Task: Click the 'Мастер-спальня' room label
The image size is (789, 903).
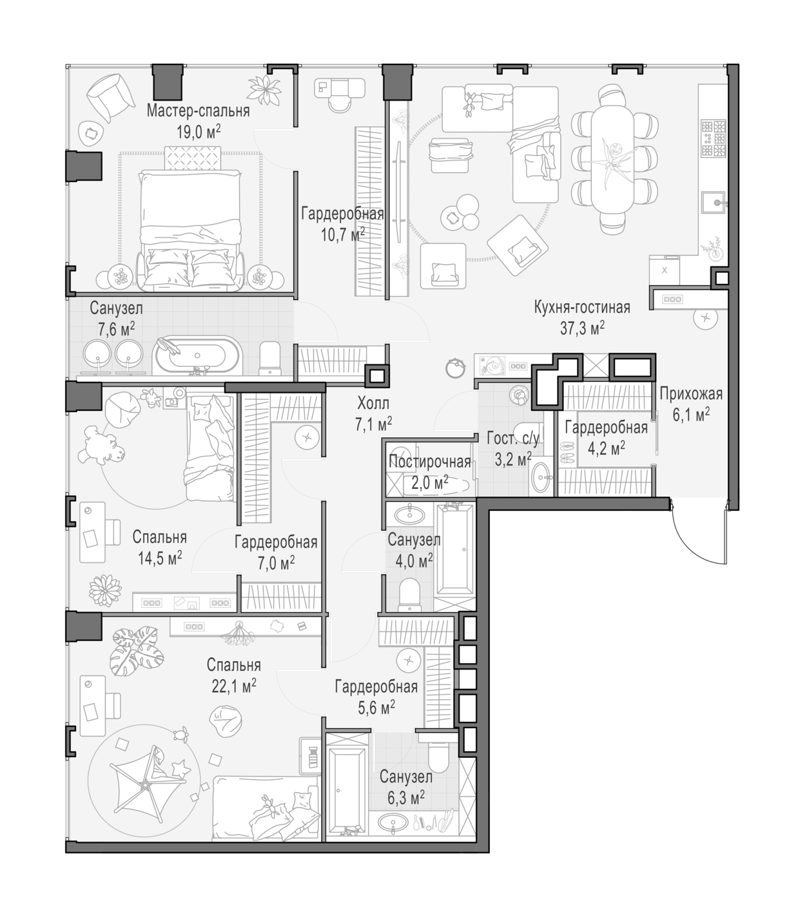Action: pos(198,110)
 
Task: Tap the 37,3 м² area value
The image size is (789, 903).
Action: pos(582,328)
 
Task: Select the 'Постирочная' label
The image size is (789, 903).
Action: pos(429,462)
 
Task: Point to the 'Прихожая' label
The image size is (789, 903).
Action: pos(691,393)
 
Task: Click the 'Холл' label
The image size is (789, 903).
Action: pos(373,403)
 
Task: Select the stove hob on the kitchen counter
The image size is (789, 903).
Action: pos(714,137)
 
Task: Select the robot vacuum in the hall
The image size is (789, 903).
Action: pos(456,368)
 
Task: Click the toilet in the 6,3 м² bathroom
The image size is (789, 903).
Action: pos(438,754)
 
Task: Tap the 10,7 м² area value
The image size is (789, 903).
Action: pos(343,234)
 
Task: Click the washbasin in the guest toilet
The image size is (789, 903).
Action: pos(541,477)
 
